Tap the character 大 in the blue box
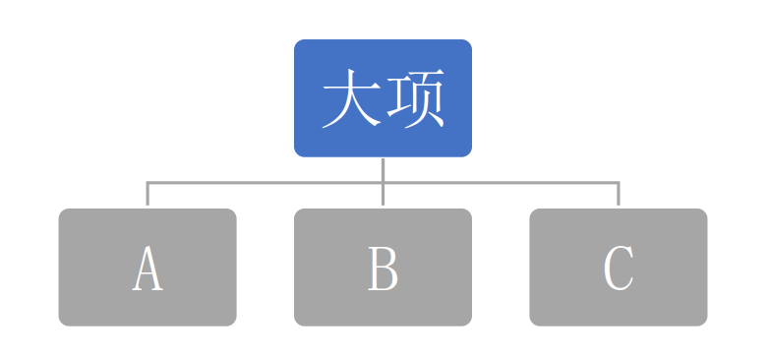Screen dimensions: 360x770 click(351, 99)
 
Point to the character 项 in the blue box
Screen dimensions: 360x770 click(415, 99)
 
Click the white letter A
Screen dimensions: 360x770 click(148, 268)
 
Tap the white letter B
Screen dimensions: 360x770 click(383, 268)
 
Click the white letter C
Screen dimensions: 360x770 click(619, 268)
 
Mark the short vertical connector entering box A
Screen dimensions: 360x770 click(148, 195)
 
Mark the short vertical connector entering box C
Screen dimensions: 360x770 click(619, 195)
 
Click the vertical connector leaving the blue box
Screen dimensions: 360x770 click(383, 168)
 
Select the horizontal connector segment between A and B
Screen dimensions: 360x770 click(266, 182)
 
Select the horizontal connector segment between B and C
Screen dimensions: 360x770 click(501, 182)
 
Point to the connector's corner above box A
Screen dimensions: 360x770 click(148, 182)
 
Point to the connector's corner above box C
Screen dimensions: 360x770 click(619, 182)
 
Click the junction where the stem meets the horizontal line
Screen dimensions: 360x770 click(383, 182)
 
